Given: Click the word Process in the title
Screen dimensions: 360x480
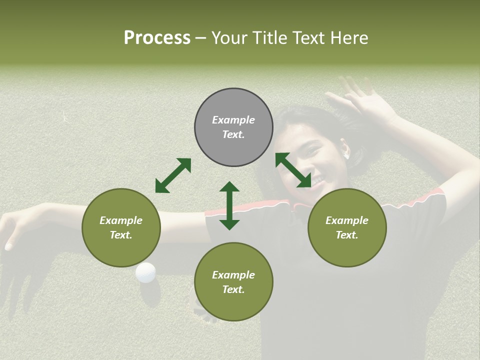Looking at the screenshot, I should [x=157, y=38].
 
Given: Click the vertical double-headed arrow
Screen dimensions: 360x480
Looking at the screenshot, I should [x=229, y=205].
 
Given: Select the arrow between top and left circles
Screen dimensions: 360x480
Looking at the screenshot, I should [x=173, y=175].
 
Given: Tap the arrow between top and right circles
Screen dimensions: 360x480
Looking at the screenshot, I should [x=293, y=170].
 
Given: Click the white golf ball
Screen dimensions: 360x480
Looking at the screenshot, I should [x=145, y=272].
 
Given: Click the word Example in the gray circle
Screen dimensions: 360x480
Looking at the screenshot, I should [x=233, y=120].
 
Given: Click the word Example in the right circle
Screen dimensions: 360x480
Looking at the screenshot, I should [x=347, y=220].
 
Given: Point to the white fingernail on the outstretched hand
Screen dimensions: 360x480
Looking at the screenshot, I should [x=8, y=246].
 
